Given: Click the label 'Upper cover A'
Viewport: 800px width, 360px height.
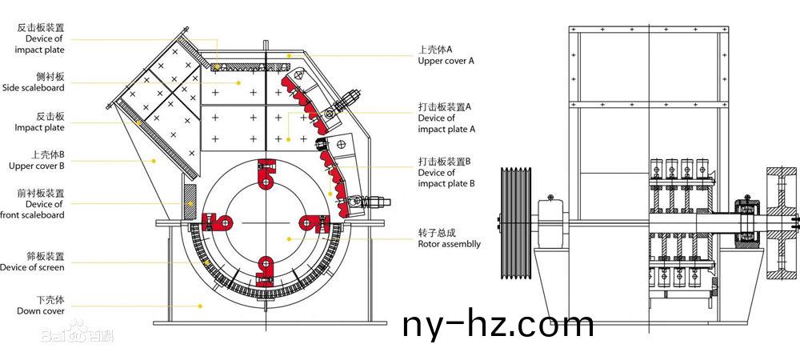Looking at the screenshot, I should pos(446,61).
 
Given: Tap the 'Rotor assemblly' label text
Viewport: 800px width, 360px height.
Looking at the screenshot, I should pos(449,244).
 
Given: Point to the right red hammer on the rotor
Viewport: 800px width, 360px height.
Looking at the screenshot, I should pos(314,223).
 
